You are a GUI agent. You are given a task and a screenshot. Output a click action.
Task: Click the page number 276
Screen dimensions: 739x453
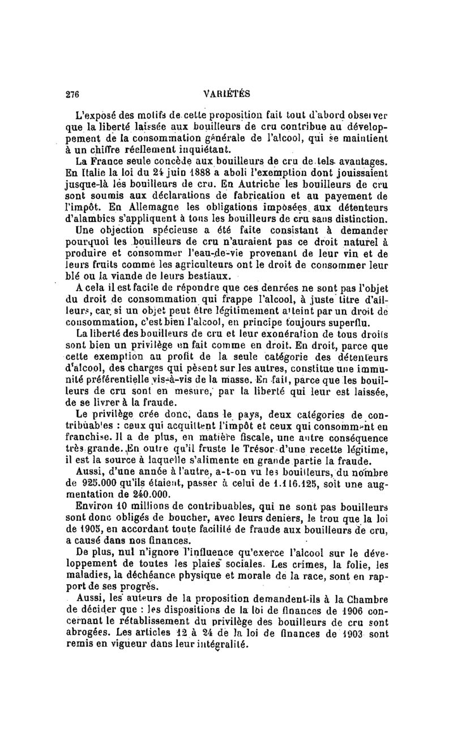[72, 94]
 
